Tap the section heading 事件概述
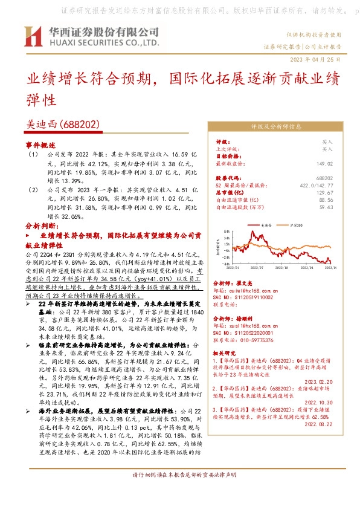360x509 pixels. coord(40,146)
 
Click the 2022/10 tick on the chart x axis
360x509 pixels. coord(284,266)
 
